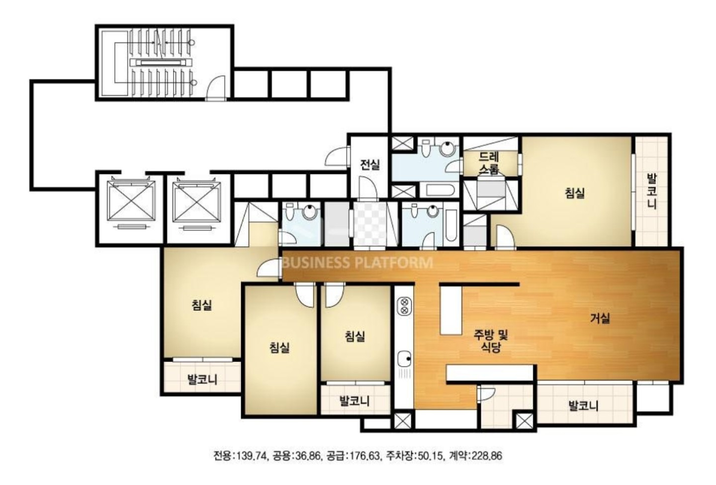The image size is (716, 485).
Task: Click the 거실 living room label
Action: pos(600,318)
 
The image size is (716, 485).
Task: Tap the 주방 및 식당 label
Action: pos(491,341)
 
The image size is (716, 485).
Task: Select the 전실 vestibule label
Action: pos(370,165)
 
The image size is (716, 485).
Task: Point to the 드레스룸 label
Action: pos(489,163)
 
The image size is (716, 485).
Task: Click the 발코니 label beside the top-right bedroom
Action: pos(652,191)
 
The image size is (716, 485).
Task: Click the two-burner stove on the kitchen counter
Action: pos(404,305)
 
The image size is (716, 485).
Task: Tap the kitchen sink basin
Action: pos(404,359)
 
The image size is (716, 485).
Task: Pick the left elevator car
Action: pos(131,201)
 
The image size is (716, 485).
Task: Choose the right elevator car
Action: pos(196,201)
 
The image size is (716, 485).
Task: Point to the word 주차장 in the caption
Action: pos(400,456)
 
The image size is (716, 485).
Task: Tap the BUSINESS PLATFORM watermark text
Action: pos(358,263)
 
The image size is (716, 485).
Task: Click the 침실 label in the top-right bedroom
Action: pos(575,193)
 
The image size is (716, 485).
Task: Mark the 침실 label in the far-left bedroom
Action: pos(202,305)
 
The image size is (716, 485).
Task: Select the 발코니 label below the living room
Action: pos(583,406)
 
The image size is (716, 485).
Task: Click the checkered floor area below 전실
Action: pos(371,224)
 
